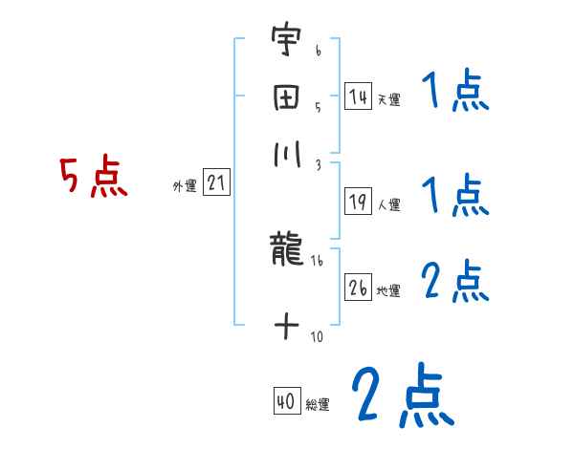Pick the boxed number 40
point(286,403)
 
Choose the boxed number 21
point(216,184)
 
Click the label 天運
point(388,99)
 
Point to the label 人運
point(388,204)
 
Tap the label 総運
point(318,405)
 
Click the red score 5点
point(93,178)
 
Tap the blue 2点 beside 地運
point(455,282)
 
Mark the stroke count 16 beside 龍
point(316,260)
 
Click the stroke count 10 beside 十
point(317,336)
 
